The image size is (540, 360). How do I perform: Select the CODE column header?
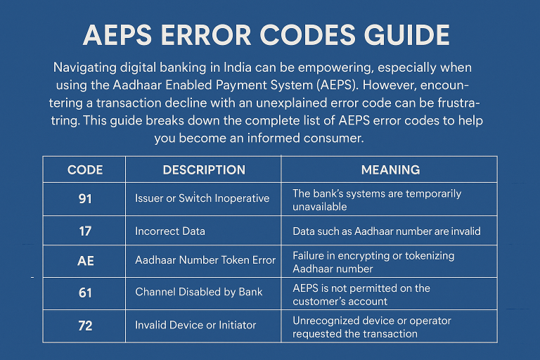(x=85, y=170)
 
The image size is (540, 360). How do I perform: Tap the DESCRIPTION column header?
(x=204, y=170)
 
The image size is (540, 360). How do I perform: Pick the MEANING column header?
(x=390, y=170)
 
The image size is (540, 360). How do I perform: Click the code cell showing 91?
(x=85, y=198)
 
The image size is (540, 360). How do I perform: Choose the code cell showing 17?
(x=85, y=230)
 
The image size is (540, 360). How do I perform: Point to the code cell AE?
(x=85, y=261)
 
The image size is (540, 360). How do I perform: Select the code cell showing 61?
(x=85, y=292)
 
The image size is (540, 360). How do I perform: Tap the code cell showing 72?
(x=85, y=324)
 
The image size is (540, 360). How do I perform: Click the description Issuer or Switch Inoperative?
(x=202, y=198)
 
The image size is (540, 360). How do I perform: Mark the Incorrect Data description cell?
(x=169, y=230)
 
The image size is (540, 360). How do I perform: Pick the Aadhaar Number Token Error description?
(x=205, y=261)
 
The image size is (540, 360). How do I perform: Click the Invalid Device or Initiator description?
(x=195, y=324)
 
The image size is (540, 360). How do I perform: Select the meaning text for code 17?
(x=386, y=230)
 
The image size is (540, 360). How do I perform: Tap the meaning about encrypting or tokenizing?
(x=373, y=262)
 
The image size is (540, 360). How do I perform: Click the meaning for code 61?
(x=361, y=295)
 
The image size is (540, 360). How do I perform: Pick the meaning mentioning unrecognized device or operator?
(x=372, y=326)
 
